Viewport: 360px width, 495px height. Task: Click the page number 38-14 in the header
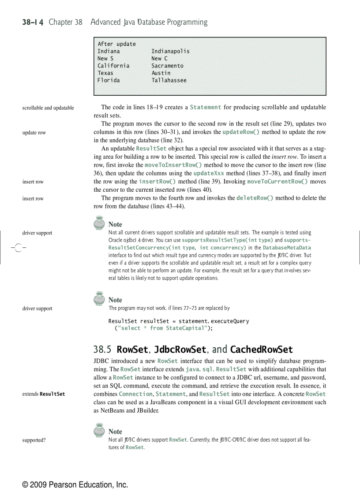click(x=33, y=22)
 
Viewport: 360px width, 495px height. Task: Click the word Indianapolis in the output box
click(x=170, y=51)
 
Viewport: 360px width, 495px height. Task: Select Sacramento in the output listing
click(x=167, y=66)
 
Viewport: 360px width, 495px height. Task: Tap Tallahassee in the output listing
click(x=169, y=80)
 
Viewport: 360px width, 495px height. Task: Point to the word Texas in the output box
click(x=105, y=73)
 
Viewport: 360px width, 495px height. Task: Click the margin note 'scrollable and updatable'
click(x=48, y=108)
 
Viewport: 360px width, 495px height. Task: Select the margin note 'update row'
click(x=34, y=133)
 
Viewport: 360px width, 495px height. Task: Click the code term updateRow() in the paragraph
click(x=241, y=132)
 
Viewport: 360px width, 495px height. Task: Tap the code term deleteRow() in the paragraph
click(x=255, y=198)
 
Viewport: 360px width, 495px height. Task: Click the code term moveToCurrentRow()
click(x=277, y=181)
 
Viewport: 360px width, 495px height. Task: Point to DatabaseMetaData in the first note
click(x=287, y=248)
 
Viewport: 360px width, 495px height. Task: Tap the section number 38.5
click(x=102, y=350)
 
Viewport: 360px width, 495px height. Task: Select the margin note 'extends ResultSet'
click(x=44, y=394)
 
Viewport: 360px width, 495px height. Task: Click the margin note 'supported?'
click(x=34, y=440)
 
